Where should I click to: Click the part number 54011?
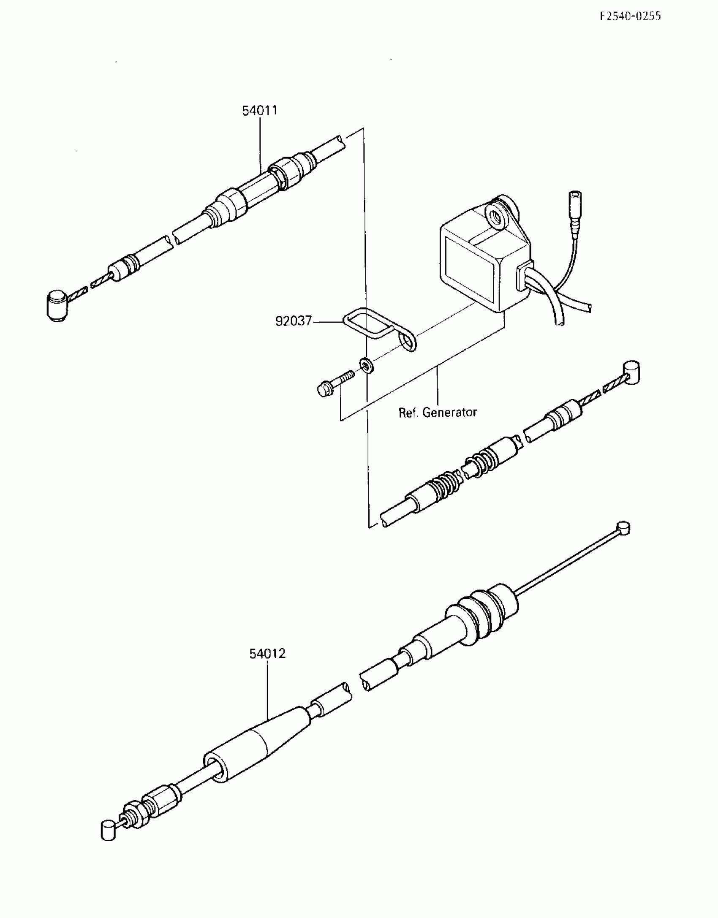(x=260, y=111)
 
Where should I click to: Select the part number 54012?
(x=267, y=654)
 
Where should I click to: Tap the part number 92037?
(x=293, y=321)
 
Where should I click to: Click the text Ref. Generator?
(x=438, y=412)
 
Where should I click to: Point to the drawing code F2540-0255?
(x=630, y=16)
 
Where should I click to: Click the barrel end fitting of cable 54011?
(x=57, y=306)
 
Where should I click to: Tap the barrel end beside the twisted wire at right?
(x=631, y=373)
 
